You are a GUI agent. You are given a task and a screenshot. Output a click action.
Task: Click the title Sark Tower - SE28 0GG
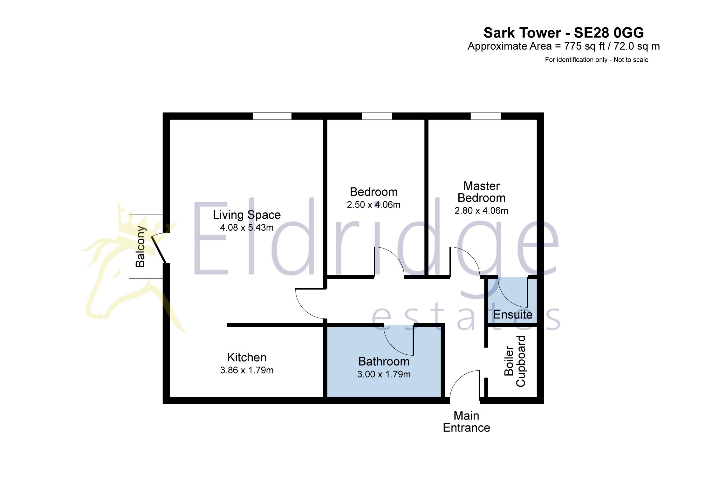pyautogui.click(x=564, y=33)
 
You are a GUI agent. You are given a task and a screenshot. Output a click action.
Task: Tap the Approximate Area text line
pyautogui.click(x=564, y=46)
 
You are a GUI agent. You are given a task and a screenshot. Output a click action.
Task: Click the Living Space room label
pyautogui.click(x=247, y=215)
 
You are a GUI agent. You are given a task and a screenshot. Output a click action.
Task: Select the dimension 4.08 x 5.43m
pyautogui.click(x=247, y=228)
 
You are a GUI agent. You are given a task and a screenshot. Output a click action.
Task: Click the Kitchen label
pyautogui.click(x=247, y=358)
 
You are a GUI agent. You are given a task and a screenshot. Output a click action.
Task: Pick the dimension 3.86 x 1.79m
pyautogui.click(x=247, y=370)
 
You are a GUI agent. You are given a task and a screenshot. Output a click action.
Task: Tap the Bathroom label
pyautogui.click(x=384, y=362)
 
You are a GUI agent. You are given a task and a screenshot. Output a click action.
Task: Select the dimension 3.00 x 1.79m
pyautogui.click(x=384, y=374)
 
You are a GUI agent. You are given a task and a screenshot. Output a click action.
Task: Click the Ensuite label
pyautogui.click(x=513, y=315)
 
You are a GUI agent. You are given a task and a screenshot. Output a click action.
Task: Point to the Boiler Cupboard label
pyautogui.click(x=515, y=361)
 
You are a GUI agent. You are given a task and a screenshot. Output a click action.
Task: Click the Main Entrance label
pyautogui.click(x=466, y=422)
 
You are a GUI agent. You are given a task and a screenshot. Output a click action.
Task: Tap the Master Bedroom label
pyautogui.click(x=481, y=192)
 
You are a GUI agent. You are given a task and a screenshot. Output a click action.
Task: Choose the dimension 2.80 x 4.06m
pyautogui.click(x=481, y=211)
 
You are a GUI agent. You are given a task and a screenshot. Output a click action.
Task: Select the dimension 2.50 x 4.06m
pyautogui.click(x=374, y=205)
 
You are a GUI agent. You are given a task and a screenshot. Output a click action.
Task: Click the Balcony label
pyautogui.click(x=140, y=246)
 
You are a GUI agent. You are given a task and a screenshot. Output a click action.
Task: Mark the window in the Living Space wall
pyautogui.click(x=272, y=116)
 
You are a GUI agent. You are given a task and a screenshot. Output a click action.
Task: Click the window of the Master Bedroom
pyautogui.click(x=485, y=116)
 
